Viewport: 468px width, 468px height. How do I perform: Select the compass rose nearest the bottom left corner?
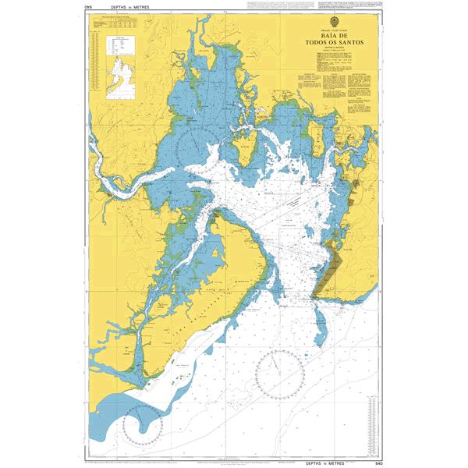pyautogui.click(x=141, y=425)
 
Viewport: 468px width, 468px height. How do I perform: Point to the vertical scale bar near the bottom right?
pyautogui.click(x=375, y=390)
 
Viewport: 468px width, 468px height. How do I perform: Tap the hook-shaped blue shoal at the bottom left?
pyautogui.click(x=133, y=421)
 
